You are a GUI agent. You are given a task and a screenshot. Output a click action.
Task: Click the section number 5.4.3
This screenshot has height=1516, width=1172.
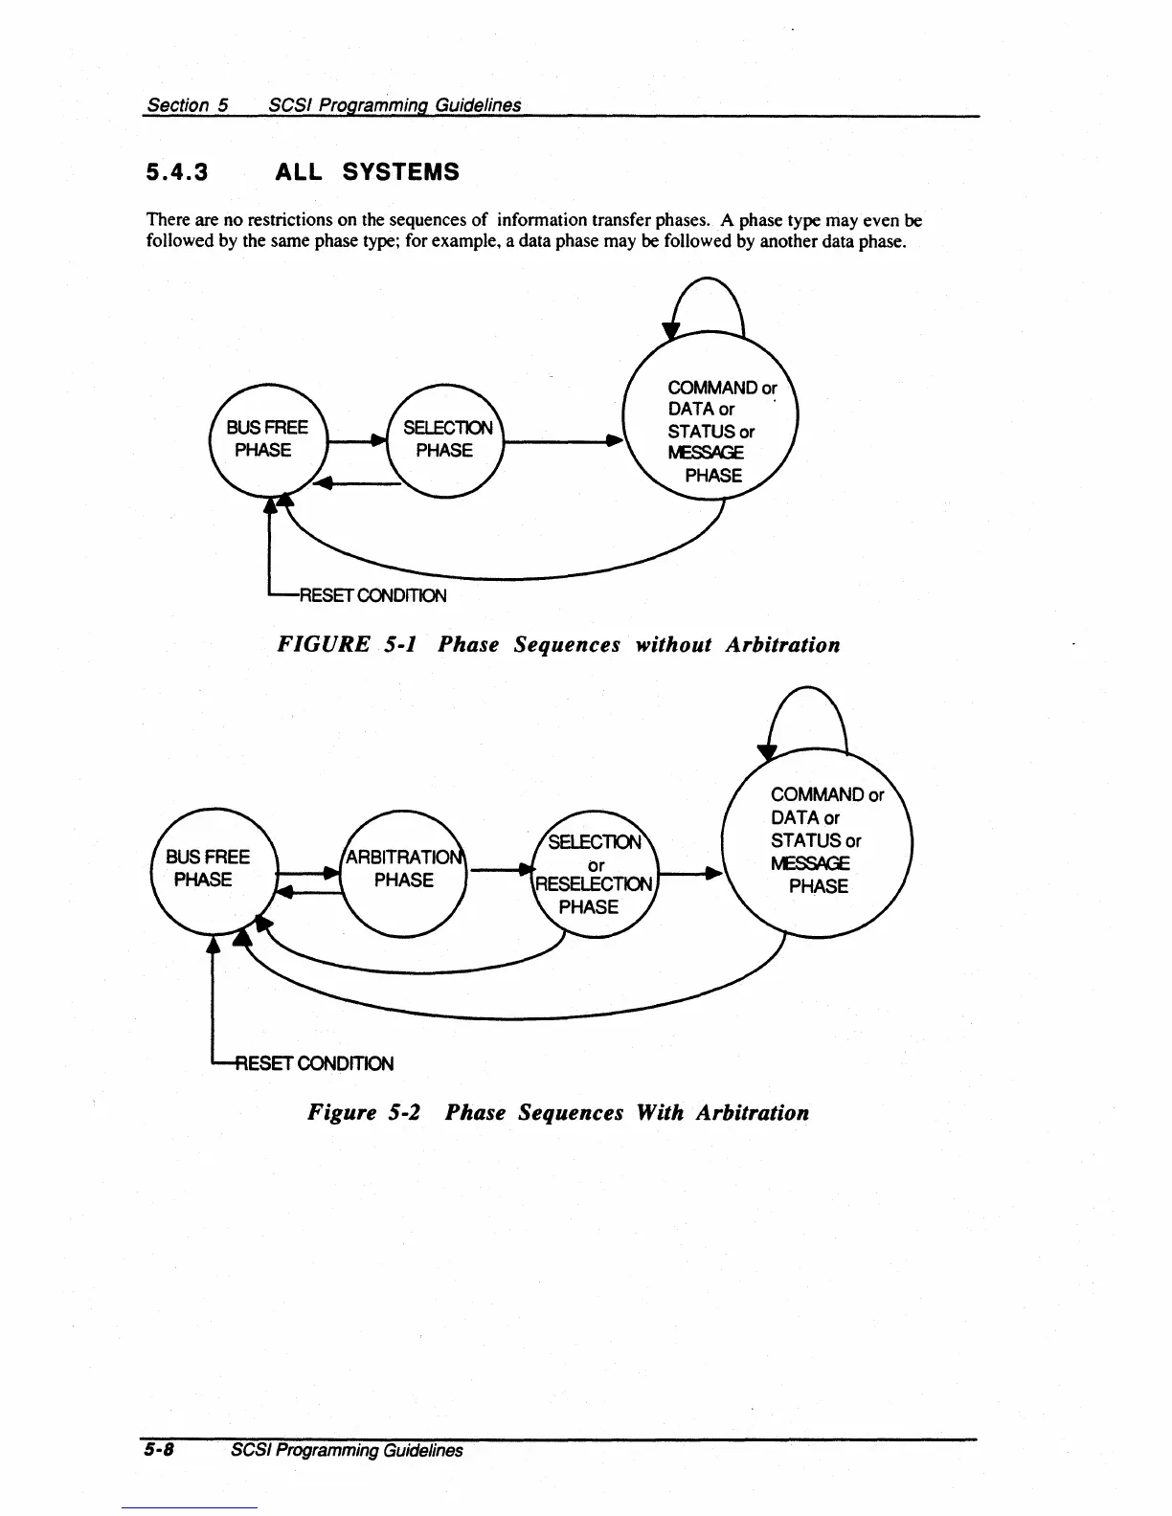click(x=177, y=172)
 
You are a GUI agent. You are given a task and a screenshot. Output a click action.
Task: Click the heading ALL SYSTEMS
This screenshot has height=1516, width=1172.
click(x=367, y=172)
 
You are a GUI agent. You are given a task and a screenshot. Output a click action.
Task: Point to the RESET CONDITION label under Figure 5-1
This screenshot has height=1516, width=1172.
click(x=372, y=596)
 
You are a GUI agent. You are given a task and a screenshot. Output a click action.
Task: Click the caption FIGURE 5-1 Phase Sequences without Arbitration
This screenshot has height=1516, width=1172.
click(x=558, y=645)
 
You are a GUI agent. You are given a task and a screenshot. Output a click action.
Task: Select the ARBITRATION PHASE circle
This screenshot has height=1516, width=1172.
click(x=403, y=868)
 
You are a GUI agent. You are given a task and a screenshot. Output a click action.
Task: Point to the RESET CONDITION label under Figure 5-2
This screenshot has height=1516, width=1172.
click(x=316, y=1063)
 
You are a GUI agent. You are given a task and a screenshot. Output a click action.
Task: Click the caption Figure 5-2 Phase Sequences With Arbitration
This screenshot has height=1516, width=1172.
click(x=558, y=1113)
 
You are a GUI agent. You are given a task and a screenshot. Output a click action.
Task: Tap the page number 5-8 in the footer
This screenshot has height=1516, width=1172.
click(x=158, y=1450)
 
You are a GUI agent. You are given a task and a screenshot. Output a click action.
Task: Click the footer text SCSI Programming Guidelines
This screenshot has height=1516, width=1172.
click(x=347, y=1450)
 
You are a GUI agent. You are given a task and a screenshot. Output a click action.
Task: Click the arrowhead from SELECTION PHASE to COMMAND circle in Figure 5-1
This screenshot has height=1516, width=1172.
click(x=615, y=441)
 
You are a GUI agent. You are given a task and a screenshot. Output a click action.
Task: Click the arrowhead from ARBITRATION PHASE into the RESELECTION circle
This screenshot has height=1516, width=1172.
click(x=523, y=870)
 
